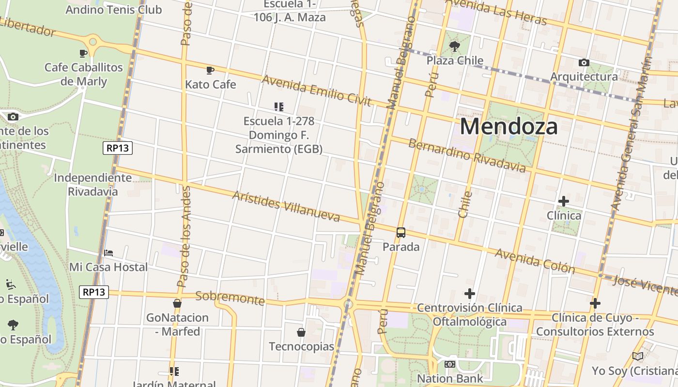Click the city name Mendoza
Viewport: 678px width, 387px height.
click(x=508, y=126)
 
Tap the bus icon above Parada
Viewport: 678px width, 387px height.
click(x=401, y=233)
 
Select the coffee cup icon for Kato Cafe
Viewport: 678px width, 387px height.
click(x=210, y=71)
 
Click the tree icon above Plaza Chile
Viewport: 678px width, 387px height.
click(x=454, y=46)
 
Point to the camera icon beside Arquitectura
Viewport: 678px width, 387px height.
click(x=584, y=62)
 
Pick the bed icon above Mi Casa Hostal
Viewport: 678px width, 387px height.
click(x=108, y=253)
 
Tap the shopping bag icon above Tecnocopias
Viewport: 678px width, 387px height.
click(x=301, y=332)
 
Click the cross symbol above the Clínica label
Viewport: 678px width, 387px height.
click(x=564, y=201)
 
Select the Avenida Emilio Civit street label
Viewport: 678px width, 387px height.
click(x=316, y=90)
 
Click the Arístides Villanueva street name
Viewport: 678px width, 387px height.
click(x=286, y=206)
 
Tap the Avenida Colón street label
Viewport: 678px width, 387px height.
click(x=535, y=261)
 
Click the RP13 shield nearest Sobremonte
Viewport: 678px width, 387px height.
click(x=94, y=292)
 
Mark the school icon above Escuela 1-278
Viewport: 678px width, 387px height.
click(x=278, y=106)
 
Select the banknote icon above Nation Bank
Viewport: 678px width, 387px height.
click(x=450, y=364)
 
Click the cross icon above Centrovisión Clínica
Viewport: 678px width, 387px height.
click(x=469, y=294)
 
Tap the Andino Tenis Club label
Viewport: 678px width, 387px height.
click(x=114, y=10)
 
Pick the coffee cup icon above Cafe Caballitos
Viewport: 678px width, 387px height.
click(x=83, y=53)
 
